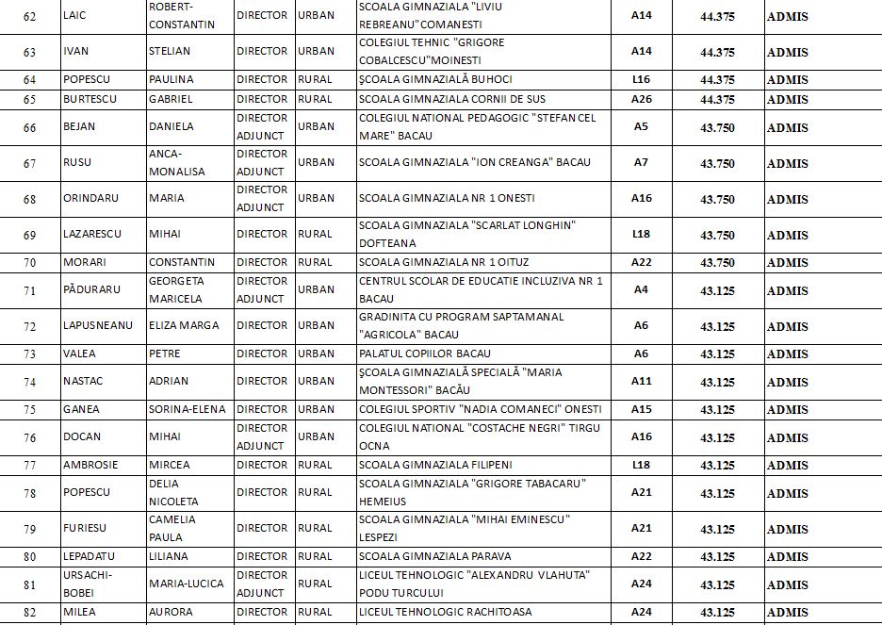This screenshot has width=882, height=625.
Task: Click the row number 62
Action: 29,17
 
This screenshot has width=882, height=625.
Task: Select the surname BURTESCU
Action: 91,99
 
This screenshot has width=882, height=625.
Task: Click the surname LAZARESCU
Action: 94,235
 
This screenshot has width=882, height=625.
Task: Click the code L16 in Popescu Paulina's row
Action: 642,80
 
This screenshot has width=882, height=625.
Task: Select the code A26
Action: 642,99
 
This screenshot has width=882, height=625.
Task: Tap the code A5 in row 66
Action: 641,126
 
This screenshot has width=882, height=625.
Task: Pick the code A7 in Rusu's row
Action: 641,163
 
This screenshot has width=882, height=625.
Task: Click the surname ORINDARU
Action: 90,199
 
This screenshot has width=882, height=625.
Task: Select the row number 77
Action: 29,465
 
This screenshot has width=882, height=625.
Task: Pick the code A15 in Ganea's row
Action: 642,409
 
